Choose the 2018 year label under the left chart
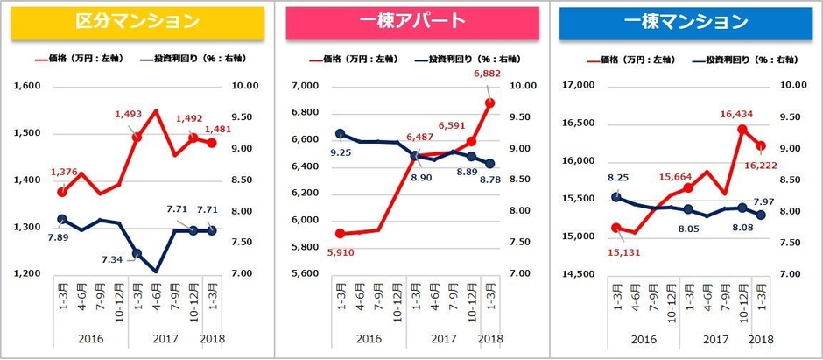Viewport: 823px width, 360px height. point(213,339)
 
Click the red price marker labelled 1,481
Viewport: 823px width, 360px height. point(212,143)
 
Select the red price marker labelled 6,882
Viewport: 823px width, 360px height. point(489,102)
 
